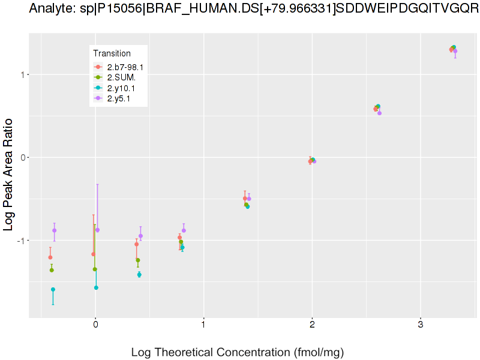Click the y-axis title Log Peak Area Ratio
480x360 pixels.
[x=9, y=174]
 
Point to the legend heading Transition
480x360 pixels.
[x=112, y=53]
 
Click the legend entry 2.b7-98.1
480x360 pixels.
[x=125, y=67]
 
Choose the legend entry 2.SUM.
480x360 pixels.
[x=121, y=77]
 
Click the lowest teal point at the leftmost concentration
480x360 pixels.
[x=53, y=289]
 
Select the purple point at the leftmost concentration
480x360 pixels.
[x=54, y=230]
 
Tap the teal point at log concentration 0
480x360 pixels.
[x=96, y=287]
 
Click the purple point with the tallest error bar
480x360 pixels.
[x=97, y=230]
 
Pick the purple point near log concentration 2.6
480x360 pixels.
[x=379, y=113]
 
